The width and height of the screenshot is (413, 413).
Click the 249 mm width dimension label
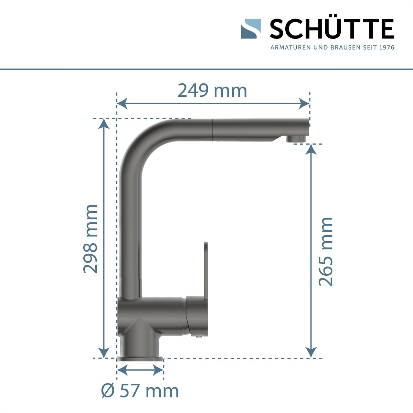point(212,91)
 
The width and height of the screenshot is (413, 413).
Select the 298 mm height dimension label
point(91,239)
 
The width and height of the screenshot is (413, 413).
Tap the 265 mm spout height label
point(326,252)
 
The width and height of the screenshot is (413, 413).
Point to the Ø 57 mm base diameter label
point(140,391)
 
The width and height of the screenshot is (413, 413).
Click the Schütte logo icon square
point(251,29)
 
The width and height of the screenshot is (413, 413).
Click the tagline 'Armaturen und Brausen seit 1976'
point(332,47)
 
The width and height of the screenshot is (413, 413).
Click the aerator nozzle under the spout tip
point(296,139)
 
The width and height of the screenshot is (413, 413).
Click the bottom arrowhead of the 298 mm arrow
point(104,352)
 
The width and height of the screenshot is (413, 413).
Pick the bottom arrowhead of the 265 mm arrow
point(311,352)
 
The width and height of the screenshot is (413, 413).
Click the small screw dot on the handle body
point(198,338)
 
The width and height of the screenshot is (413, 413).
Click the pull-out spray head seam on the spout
point(213,130)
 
